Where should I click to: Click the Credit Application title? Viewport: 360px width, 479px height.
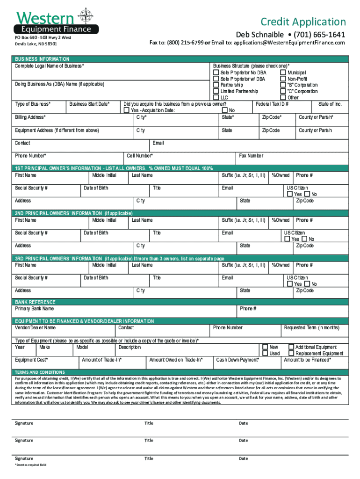pyautogui.click(x=303, y=22)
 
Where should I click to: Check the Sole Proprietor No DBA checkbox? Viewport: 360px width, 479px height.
pyautogui.click(x=216, y=73)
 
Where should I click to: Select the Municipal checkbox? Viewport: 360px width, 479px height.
pyautogui.click(x=283, y=73)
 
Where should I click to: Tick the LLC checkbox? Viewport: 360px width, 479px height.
pyautogui.click(x=216, y=98)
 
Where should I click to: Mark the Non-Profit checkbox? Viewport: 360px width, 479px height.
pyautogui.click(x=283, y=79)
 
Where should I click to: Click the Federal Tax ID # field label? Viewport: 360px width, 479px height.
pyautogui.click(x=272, y=104)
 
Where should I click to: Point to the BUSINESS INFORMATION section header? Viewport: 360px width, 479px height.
pyautogui.click(x=42, y=59)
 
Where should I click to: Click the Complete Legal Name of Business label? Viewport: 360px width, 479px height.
pyautogui.click(x=49, y=66)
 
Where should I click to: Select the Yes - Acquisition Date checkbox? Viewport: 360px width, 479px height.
pyautogui.click(x=126, y=110)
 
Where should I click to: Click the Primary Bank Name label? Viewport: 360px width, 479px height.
pyautogui.click(x=35, y=309)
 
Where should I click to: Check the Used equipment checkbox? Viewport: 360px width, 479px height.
pyautogui.click(x=265, y=354)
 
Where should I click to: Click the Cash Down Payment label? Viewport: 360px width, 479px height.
pyautogui.click(x=238, y=360)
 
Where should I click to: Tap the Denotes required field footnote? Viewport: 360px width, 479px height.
pyautogui.click(x=30, y=465)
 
